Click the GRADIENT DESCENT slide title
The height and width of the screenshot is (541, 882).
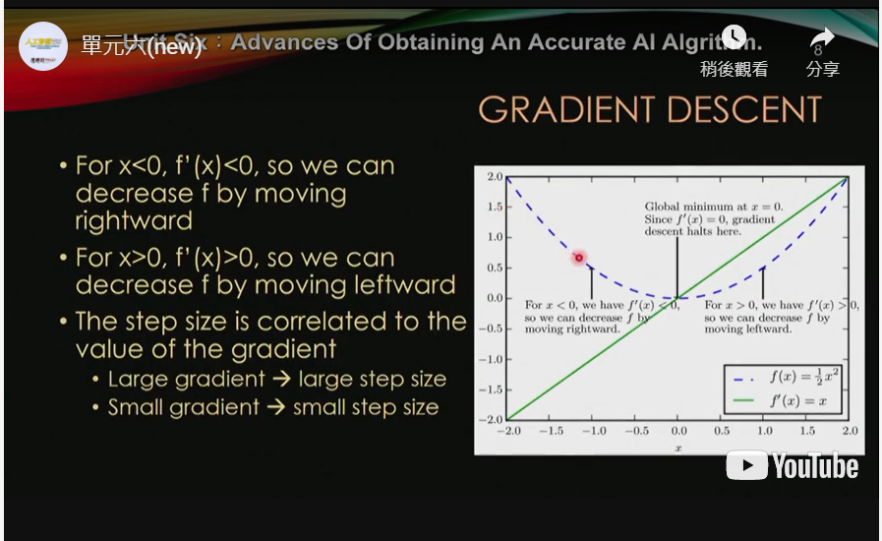650,109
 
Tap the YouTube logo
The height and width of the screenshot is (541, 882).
793,465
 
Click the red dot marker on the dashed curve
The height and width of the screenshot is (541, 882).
579,258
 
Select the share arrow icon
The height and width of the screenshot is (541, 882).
822,39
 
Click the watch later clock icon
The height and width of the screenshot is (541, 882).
734,38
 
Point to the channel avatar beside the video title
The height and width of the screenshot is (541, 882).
42,45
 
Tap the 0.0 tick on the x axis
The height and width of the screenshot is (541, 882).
677,431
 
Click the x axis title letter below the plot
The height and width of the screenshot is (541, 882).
677,448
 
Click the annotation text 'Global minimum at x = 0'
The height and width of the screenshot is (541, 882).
700,208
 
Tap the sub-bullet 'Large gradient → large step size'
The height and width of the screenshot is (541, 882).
276,379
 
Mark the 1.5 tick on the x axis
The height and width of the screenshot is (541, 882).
807,431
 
